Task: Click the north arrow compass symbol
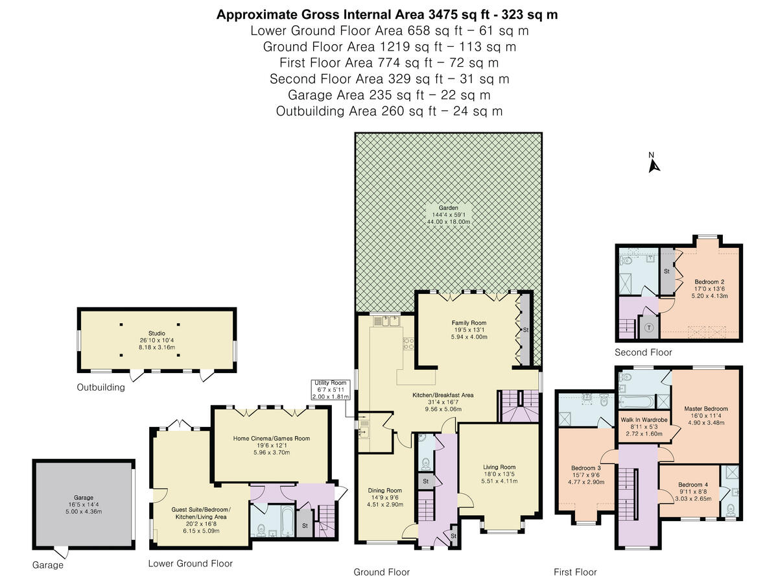click(x=654, y=164)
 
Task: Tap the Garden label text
click(x=448, y=215)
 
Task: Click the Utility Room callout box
click(x=331, y=390)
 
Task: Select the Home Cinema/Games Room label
click(x=271, y=445)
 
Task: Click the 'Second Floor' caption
click(x=643, y=352)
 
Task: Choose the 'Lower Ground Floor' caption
click(x=190, y=563)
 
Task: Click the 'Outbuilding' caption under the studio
click(x=100, y=388)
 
